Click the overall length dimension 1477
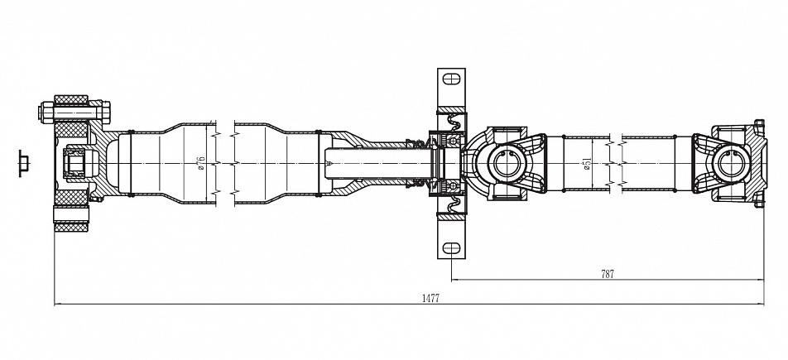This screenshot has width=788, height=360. pyautogui.click(x=430, y=298)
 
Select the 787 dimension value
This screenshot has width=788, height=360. pyautogui.click(x=608, y=274)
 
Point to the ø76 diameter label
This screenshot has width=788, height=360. pyautogui.click(x=201, y=163)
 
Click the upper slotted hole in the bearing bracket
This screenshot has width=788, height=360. pyautogui.click(x=451, y=79)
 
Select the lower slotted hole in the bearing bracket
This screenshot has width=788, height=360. pyautogui.click(x=451, y=248)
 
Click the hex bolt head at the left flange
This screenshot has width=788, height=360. pyautogui.click(x=46, y=112)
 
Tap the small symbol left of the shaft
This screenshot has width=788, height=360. pyautogui.click(x=24, y=163)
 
